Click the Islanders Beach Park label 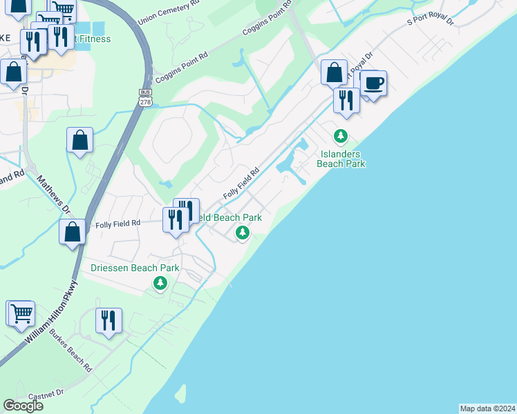(x=340, y=159)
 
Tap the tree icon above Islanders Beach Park (x=340, y=135)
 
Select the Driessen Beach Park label (x=135, y=268)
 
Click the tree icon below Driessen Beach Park (x=160, y=283)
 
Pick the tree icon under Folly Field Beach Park (x=242, y=233)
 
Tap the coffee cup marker (x=373, y=84)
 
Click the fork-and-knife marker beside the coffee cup (x=346, y=100)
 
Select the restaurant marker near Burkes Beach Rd (x=109, y=321)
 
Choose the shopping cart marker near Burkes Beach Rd (x=21, y=313)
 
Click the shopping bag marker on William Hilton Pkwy (x=73, y=233)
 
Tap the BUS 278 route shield (x=145, y=97)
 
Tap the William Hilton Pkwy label (x=53, y=313)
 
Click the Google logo (x=23, y=405)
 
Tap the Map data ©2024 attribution (x=487, y=408)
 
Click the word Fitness (x=95, y=39)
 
